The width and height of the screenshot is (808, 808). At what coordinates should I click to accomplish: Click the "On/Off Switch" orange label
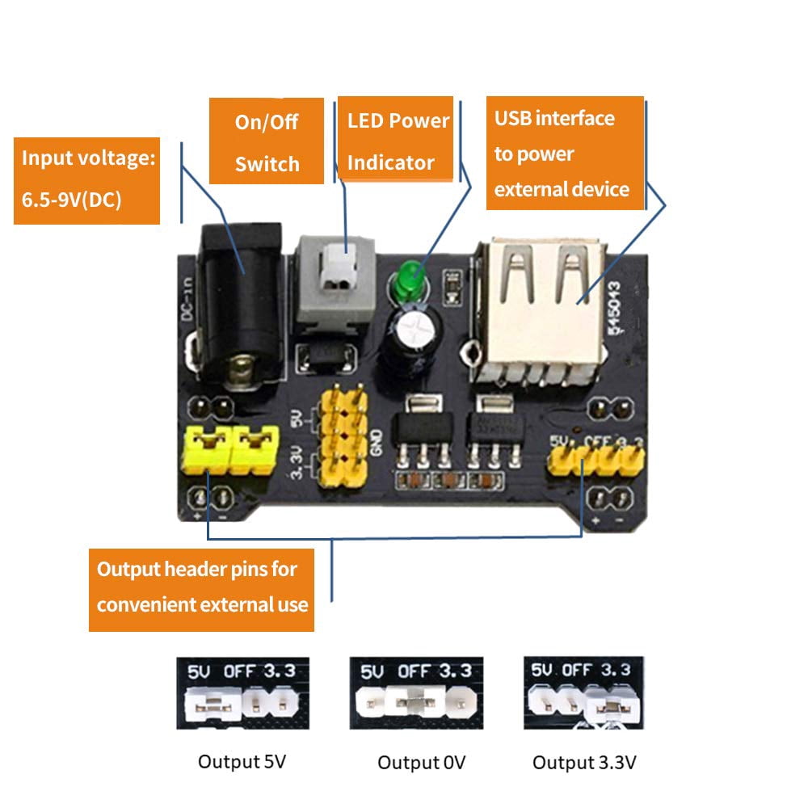[267, 141]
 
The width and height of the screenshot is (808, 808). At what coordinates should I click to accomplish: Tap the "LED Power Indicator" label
[395, 141]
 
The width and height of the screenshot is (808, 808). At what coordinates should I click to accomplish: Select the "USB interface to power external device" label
[565, 154]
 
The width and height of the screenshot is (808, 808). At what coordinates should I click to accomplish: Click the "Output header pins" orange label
[202, 586]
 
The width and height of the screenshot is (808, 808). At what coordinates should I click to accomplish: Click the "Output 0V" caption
[422, 762]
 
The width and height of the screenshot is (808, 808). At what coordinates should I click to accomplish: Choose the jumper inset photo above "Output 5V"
[242, 692]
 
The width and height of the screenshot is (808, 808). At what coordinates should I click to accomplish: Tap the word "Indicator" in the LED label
[391, 162]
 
